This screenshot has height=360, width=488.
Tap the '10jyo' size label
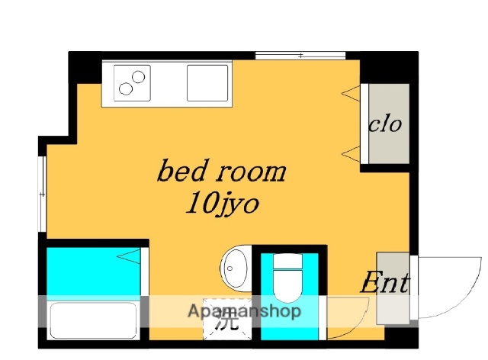pyautogui.click(x=222, y=204)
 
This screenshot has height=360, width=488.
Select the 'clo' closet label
pyautogui.click(x=385, y=124)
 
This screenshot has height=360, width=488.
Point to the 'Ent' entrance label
pyautogui.click(x=384, y=283)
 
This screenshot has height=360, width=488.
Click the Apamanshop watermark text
pyautogui.click(x=244, y=310)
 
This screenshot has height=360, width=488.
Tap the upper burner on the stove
pyautogui.click(x=138, y=76)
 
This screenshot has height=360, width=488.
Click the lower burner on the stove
pyautogui.click(x=125, y=89)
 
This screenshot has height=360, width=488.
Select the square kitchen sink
pyautogui.click(x=207, y=83)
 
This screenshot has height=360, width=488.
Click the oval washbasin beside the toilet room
pyautogui.click(x=236, y=268)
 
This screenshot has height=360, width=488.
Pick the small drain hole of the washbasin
pyautogui.click(x=230, y=268)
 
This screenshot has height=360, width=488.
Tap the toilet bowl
pyautogui.click(x=287, y=286)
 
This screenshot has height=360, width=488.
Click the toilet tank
pyautogui.click(x=287, y=262)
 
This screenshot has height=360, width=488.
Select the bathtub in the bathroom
pyautogui.click(x=93, y=321)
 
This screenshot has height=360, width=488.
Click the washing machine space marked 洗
pyautogui.click(x=227, y=320)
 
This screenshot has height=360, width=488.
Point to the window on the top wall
pyautogui.click(x=300, y=56)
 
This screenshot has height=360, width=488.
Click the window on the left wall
pyautogui.click(x=42, y=194)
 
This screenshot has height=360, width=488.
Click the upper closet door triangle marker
pyautogui.click(x=351, y=92)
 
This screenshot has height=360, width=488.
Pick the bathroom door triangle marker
pyautogui.click(x=129, y=256)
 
